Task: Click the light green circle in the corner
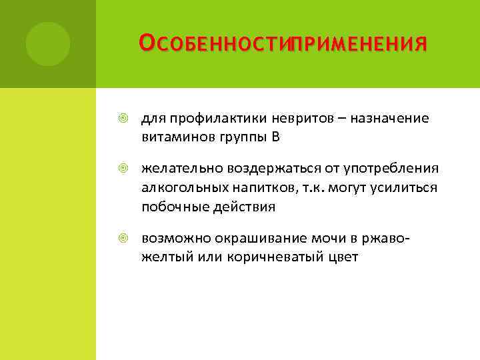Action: [x=48, y=44]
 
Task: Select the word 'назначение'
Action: [x=389, y=118]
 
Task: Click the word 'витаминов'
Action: [x=175, y=137]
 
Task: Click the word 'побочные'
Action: [x=171, y=207]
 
